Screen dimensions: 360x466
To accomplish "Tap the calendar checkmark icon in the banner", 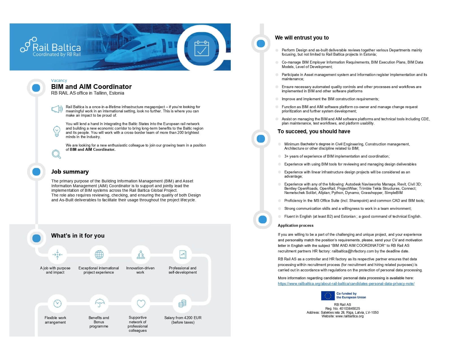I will pyautogui.click(x=202, y=48).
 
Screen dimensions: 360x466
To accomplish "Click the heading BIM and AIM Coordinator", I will pyautogui.click(x=91, y=87).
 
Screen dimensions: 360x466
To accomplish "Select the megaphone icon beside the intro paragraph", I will pyautogui.click(x=57, y=109).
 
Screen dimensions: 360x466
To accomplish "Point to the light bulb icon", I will pyautogui.click(x=57, y=131).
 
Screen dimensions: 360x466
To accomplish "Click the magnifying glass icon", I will pyautogui.click(x=56, y=154).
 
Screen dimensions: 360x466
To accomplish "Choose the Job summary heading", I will pyautogui.click(x=70, y=172).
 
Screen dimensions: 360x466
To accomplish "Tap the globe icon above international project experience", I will pyautogui.click(x=99, y=255).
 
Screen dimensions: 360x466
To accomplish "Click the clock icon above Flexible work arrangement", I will pyautogui.click(x=57, y=304).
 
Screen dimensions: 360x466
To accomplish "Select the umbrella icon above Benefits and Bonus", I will pyautogui.click(x=99, y=304).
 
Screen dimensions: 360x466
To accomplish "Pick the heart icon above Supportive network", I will pyautogui.click(x=141, y=304).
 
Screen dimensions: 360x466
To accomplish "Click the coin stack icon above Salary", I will pyautogui.click(x=182, y=304).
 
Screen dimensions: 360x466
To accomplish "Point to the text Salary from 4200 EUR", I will pyautogui.click(x=183, y=318).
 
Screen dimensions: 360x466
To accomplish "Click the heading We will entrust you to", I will pyautogui.click(x=302, y=38).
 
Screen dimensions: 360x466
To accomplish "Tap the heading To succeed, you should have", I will pyautogui.click(x=313, y=132).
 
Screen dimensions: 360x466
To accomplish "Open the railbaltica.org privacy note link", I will pyautogui.click(x=346, y=284).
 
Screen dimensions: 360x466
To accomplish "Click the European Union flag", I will pyautogui.click(x=328, y=296).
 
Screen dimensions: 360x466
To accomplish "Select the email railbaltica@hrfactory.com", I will pyautogui.click(x=353, y=251).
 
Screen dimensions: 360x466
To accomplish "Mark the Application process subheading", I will pyautogui.click(x=295, y=226).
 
